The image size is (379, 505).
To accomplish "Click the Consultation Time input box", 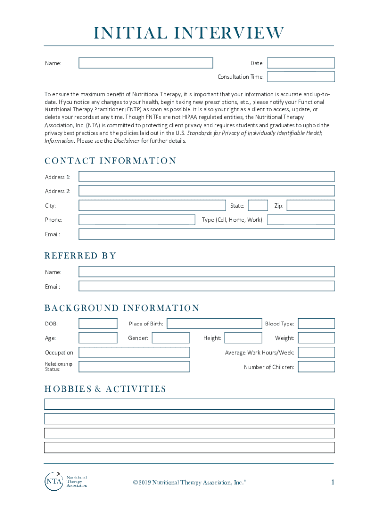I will pos(301,77).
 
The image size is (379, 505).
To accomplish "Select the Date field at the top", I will pos(301,63).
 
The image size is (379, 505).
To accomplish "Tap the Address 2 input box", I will pos(206,191).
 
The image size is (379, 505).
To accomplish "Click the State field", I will pos(258,205).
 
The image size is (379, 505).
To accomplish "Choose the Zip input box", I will pos(311,205).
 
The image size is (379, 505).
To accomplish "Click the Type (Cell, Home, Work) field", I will pos(301,220).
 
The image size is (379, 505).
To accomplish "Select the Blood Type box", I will pos(316,324).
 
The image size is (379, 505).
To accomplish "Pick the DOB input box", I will pos(98,324).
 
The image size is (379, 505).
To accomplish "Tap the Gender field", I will pos(170,338).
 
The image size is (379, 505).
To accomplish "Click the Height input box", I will pos(243,338).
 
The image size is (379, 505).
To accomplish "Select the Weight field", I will pos(316,338).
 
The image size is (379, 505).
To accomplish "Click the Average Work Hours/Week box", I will pos(316,352).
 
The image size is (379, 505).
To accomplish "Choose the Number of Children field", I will pos(316,367).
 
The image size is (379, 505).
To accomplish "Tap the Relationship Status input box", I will pos(134,367).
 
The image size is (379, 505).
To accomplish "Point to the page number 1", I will pos(333,482).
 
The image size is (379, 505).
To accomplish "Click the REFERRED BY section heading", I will pos(80,256).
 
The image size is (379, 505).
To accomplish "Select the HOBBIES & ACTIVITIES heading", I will pos(105,389).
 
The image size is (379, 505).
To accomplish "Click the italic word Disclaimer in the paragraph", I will pos(126,141).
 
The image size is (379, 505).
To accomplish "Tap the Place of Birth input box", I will pos(215,324).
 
